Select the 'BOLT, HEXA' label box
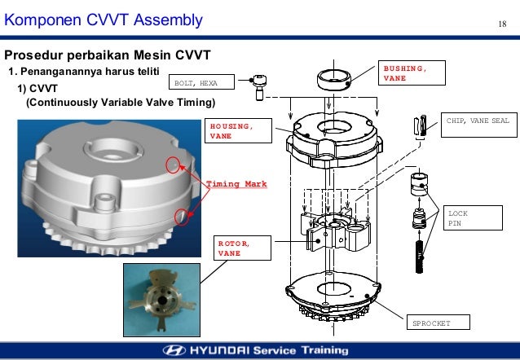click(200, 82)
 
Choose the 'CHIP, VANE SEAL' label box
click(477, 121)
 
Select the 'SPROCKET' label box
click(430, 323)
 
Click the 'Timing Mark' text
click(235, 184)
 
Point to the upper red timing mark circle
click(172, 165)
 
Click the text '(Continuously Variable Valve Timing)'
click(121, 103)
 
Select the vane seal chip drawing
click(421, 128)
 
